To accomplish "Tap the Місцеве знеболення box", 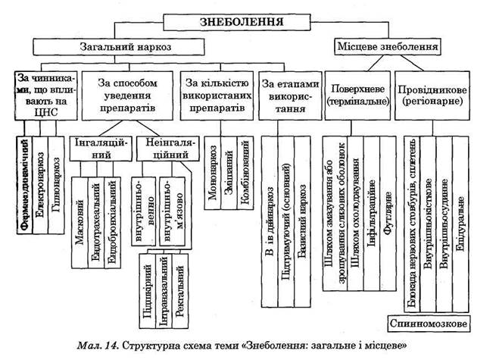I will tap(386, 47).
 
